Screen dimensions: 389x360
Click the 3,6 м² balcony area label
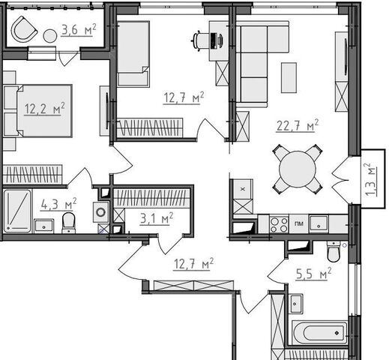click(79, 30)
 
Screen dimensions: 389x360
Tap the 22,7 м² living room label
click(298, 125)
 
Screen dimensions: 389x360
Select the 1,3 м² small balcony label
click(370, 180)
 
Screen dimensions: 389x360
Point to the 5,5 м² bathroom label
click(313, 274)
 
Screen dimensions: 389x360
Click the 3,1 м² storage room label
click(157, 218)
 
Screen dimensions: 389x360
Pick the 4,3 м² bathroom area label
click(58, 204)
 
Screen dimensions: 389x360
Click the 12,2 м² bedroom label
click(44, 109)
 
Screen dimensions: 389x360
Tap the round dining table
click(298, 169)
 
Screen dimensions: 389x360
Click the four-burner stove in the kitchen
click(280, 224)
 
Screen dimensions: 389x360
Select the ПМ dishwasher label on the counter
click(299, 223)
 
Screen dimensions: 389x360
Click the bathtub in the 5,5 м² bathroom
click(320, 332)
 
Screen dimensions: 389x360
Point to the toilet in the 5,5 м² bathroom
click(334, 251)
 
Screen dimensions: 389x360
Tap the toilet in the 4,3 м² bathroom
click(68, 223)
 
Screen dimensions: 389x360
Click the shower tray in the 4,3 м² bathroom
click(17, 211)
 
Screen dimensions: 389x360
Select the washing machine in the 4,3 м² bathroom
click(101, 212)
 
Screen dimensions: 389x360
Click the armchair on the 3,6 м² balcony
click(24, 29)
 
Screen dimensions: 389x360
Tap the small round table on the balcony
click(50, 36)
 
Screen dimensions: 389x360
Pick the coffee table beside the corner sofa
click(289, 78)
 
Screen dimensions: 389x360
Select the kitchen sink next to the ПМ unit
click(319, 224)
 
